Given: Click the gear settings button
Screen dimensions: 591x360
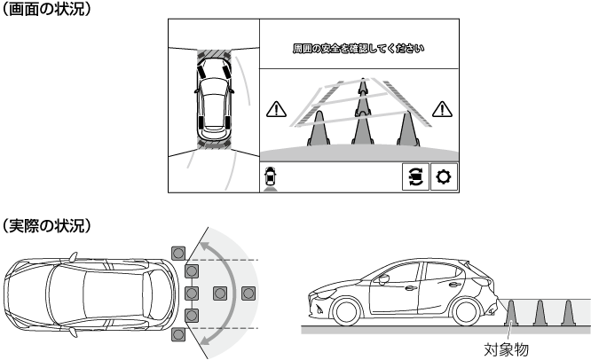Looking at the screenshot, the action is pyautogui.click(x=444, y=176).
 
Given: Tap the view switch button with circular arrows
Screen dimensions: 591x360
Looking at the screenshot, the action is pyautogui.click(x=415, y=176).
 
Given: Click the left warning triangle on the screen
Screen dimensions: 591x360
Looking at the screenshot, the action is pyautogui.click(x=276, y=109).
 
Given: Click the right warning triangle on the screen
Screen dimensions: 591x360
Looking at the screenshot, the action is pyautogui.click(x=442, y=109).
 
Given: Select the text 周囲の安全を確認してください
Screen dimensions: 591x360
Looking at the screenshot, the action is pyautogui.click(x=359, y=48).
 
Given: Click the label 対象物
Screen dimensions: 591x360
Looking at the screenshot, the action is pyautogui.click(x=506, y=350).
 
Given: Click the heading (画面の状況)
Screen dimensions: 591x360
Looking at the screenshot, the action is pyautogui.click(x=46, y=9).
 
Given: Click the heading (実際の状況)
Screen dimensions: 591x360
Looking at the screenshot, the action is pyautogui.click(x=46, y=225).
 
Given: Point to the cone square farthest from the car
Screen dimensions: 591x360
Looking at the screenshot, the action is pyautogui.click(x=248, y=293).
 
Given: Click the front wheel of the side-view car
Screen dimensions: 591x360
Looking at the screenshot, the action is pyautogui.click(x=346, y=312).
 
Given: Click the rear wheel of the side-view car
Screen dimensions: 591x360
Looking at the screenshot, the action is pyautogui.click(x=466, y=312).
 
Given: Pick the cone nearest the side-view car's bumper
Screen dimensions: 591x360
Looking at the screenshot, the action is pyautogui.click(x=511, y=313).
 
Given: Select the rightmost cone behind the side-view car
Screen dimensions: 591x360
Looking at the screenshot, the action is pyautogui.click(x=568, y=313).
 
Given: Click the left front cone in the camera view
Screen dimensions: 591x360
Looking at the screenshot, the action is pyautogui.click(x=319, y=129).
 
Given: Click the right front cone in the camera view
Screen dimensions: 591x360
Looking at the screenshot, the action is pyautogui.click(x=408, y=129).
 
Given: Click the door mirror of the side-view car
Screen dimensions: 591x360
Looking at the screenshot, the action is pyautogui.click(x=383, y=279).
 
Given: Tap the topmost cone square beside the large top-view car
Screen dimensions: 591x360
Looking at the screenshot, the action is pyautogui.click(x=178, y=253).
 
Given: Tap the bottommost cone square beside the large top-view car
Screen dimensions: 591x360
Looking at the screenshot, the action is pyautogui.click(x=178, y=334).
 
